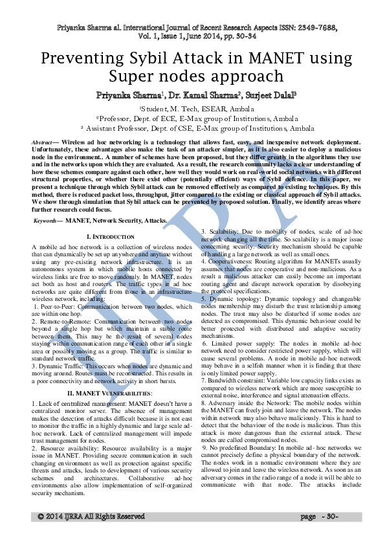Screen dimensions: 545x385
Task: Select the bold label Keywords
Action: tap(47, 221)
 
